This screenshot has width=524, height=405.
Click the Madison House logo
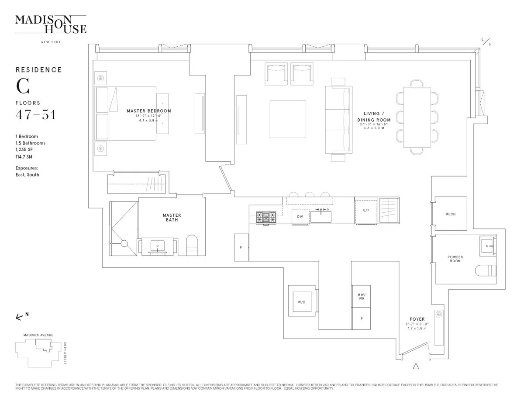[51, 24]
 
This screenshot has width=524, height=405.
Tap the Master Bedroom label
[149, 111]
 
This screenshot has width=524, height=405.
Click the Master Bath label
[172, 218]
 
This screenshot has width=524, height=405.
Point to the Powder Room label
[455, 259]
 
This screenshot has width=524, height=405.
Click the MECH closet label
[450, 214]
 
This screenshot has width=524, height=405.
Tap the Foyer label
[417, 319]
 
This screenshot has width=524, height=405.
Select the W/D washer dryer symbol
[301, 302]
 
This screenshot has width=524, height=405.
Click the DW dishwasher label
[300, 217]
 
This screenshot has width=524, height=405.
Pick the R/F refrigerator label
[366, 210]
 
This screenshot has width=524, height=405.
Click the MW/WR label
[361, 297]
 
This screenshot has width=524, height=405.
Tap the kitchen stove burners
[265, 216]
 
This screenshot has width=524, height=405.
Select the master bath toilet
[192, 246]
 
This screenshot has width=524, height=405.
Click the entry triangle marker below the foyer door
[416, 367]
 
